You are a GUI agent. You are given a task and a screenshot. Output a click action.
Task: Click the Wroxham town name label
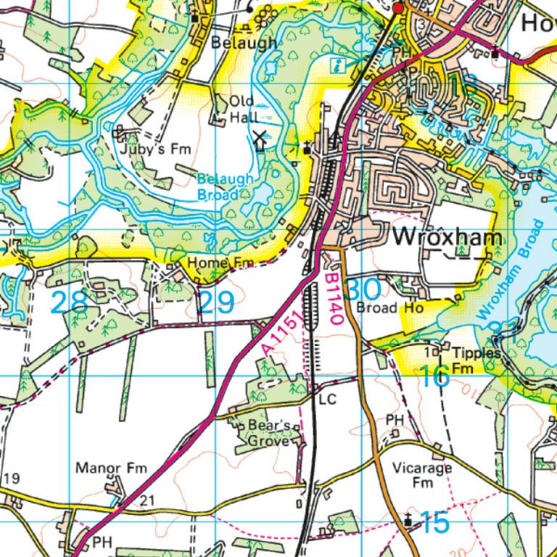(447, 238)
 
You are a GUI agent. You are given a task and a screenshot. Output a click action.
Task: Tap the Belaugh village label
(244, 43)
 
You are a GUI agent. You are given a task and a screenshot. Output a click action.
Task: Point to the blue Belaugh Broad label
(226, 186)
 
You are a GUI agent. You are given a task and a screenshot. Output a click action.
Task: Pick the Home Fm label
(216, 262)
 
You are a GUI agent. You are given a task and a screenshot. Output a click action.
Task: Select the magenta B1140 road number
(331, 297)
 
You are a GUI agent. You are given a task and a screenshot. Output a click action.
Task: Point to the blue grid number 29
(215, 302)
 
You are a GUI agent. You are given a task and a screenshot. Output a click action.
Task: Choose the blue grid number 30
(363, 290)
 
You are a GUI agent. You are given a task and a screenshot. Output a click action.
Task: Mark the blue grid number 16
(434, 376)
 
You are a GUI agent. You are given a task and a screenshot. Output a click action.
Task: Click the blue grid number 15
(434, 522)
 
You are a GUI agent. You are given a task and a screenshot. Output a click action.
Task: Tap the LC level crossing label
(327, 399)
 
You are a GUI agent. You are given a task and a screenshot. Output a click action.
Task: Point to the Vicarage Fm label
(422, 475)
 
